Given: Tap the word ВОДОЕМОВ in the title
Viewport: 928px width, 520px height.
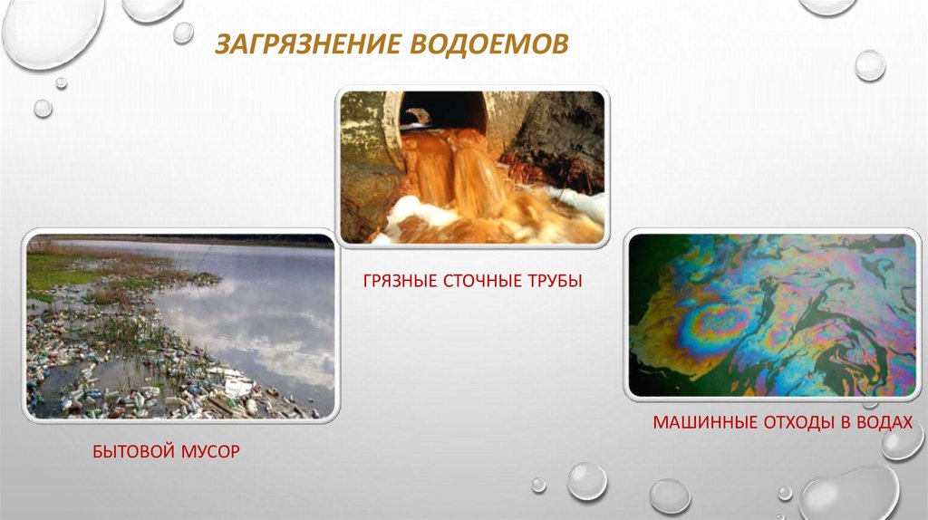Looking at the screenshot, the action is [x=488, y=43].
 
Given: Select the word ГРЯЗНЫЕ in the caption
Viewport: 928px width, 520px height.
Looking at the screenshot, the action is [x=399, y=281].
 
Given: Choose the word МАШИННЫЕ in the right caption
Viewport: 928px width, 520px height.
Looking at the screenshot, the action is [x=704, y=422].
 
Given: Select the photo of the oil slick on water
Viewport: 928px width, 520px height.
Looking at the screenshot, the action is [x=772, y=314].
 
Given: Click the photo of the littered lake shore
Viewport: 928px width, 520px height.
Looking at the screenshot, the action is [x=180, y=326].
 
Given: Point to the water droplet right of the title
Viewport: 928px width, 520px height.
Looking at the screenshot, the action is [x=870, y=65].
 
